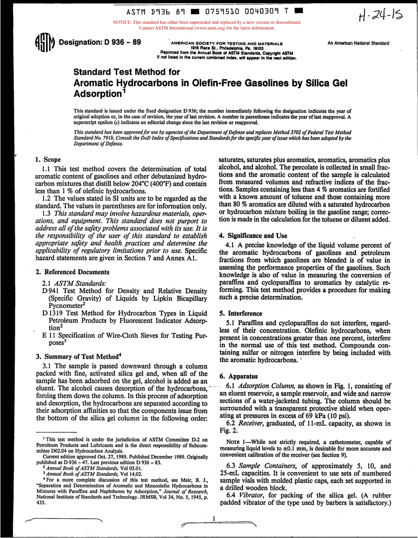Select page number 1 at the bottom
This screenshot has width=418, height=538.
click(213, 520)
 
